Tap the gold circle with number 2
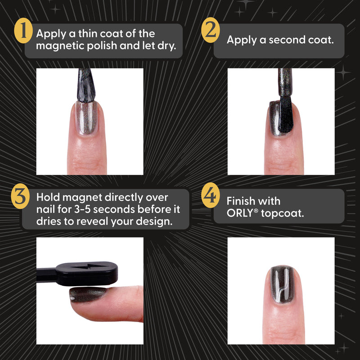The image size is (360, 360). (x=209, y=31)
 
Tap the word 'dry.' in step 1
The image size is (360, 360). (x=165, y=46)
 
